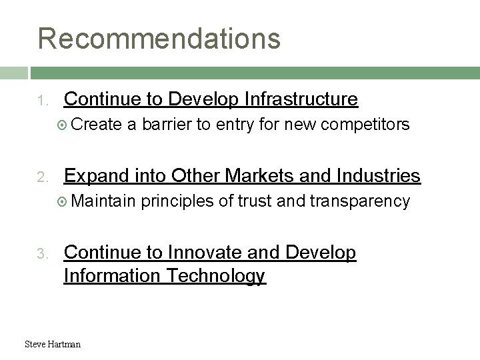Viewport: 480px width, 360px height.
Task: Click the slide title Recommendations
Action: [159, 38]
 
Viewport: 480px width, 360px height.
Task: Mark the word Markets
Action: [255, 176]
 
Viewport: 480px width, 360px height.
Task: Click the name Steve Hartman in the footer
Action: [52, 344]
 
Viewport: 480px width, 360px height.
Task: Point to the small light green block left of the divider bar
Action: [13, 72]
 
